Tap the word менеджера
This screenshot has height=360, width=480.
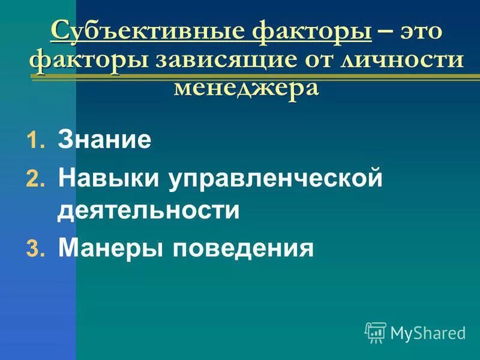(x=246, y=88)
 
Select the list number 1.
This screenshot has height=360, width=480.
(x=32, y=142)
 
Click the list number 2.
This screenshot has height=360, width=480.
(x=32, y=179)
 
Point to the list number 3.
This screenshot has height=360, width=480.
(x=32, y=248)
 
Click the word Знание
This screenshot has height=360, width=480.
(x=104, y=141)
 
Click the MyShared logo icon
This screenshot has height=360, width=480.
(x=375, y=332)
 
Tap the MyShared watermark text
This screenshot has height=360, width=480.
(x=427, y=332)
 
